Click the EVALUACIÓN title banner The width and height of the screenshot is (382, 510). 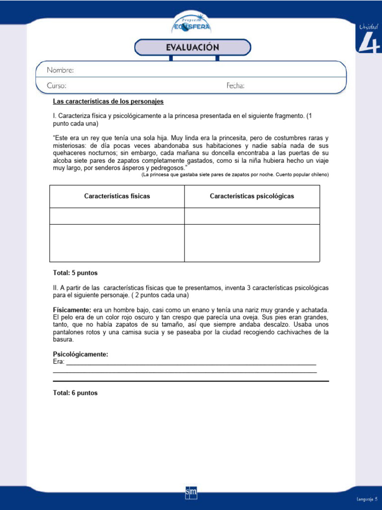coord(192,47)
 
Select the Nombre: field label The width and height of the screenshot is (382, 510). coord(60,70)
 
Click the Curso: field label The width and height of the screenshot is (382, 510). coord(56,86)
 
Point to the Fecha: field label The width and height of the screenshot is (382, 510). coord(235,86)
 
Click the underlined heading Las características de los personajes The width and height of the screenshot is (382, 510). coord(108,101)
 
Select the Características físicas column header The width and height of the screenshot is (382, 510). coord(117,196)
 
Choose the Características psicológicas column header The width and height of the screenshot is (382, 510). coord(252,196)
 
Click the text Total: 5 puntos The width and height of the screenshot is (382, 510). coord(75,273)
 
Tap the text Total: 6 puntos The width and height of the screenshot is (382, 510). coord(75,393)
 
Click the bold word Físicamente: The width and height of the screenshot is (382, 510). coord(72,310)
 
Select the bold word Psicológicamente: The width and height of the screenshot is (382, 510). coord(81,354)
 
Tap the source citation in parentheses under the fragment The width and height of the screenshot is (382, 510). coord(235,175)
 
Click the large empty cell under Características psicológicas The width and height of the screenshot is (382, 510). coord(252,243)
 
